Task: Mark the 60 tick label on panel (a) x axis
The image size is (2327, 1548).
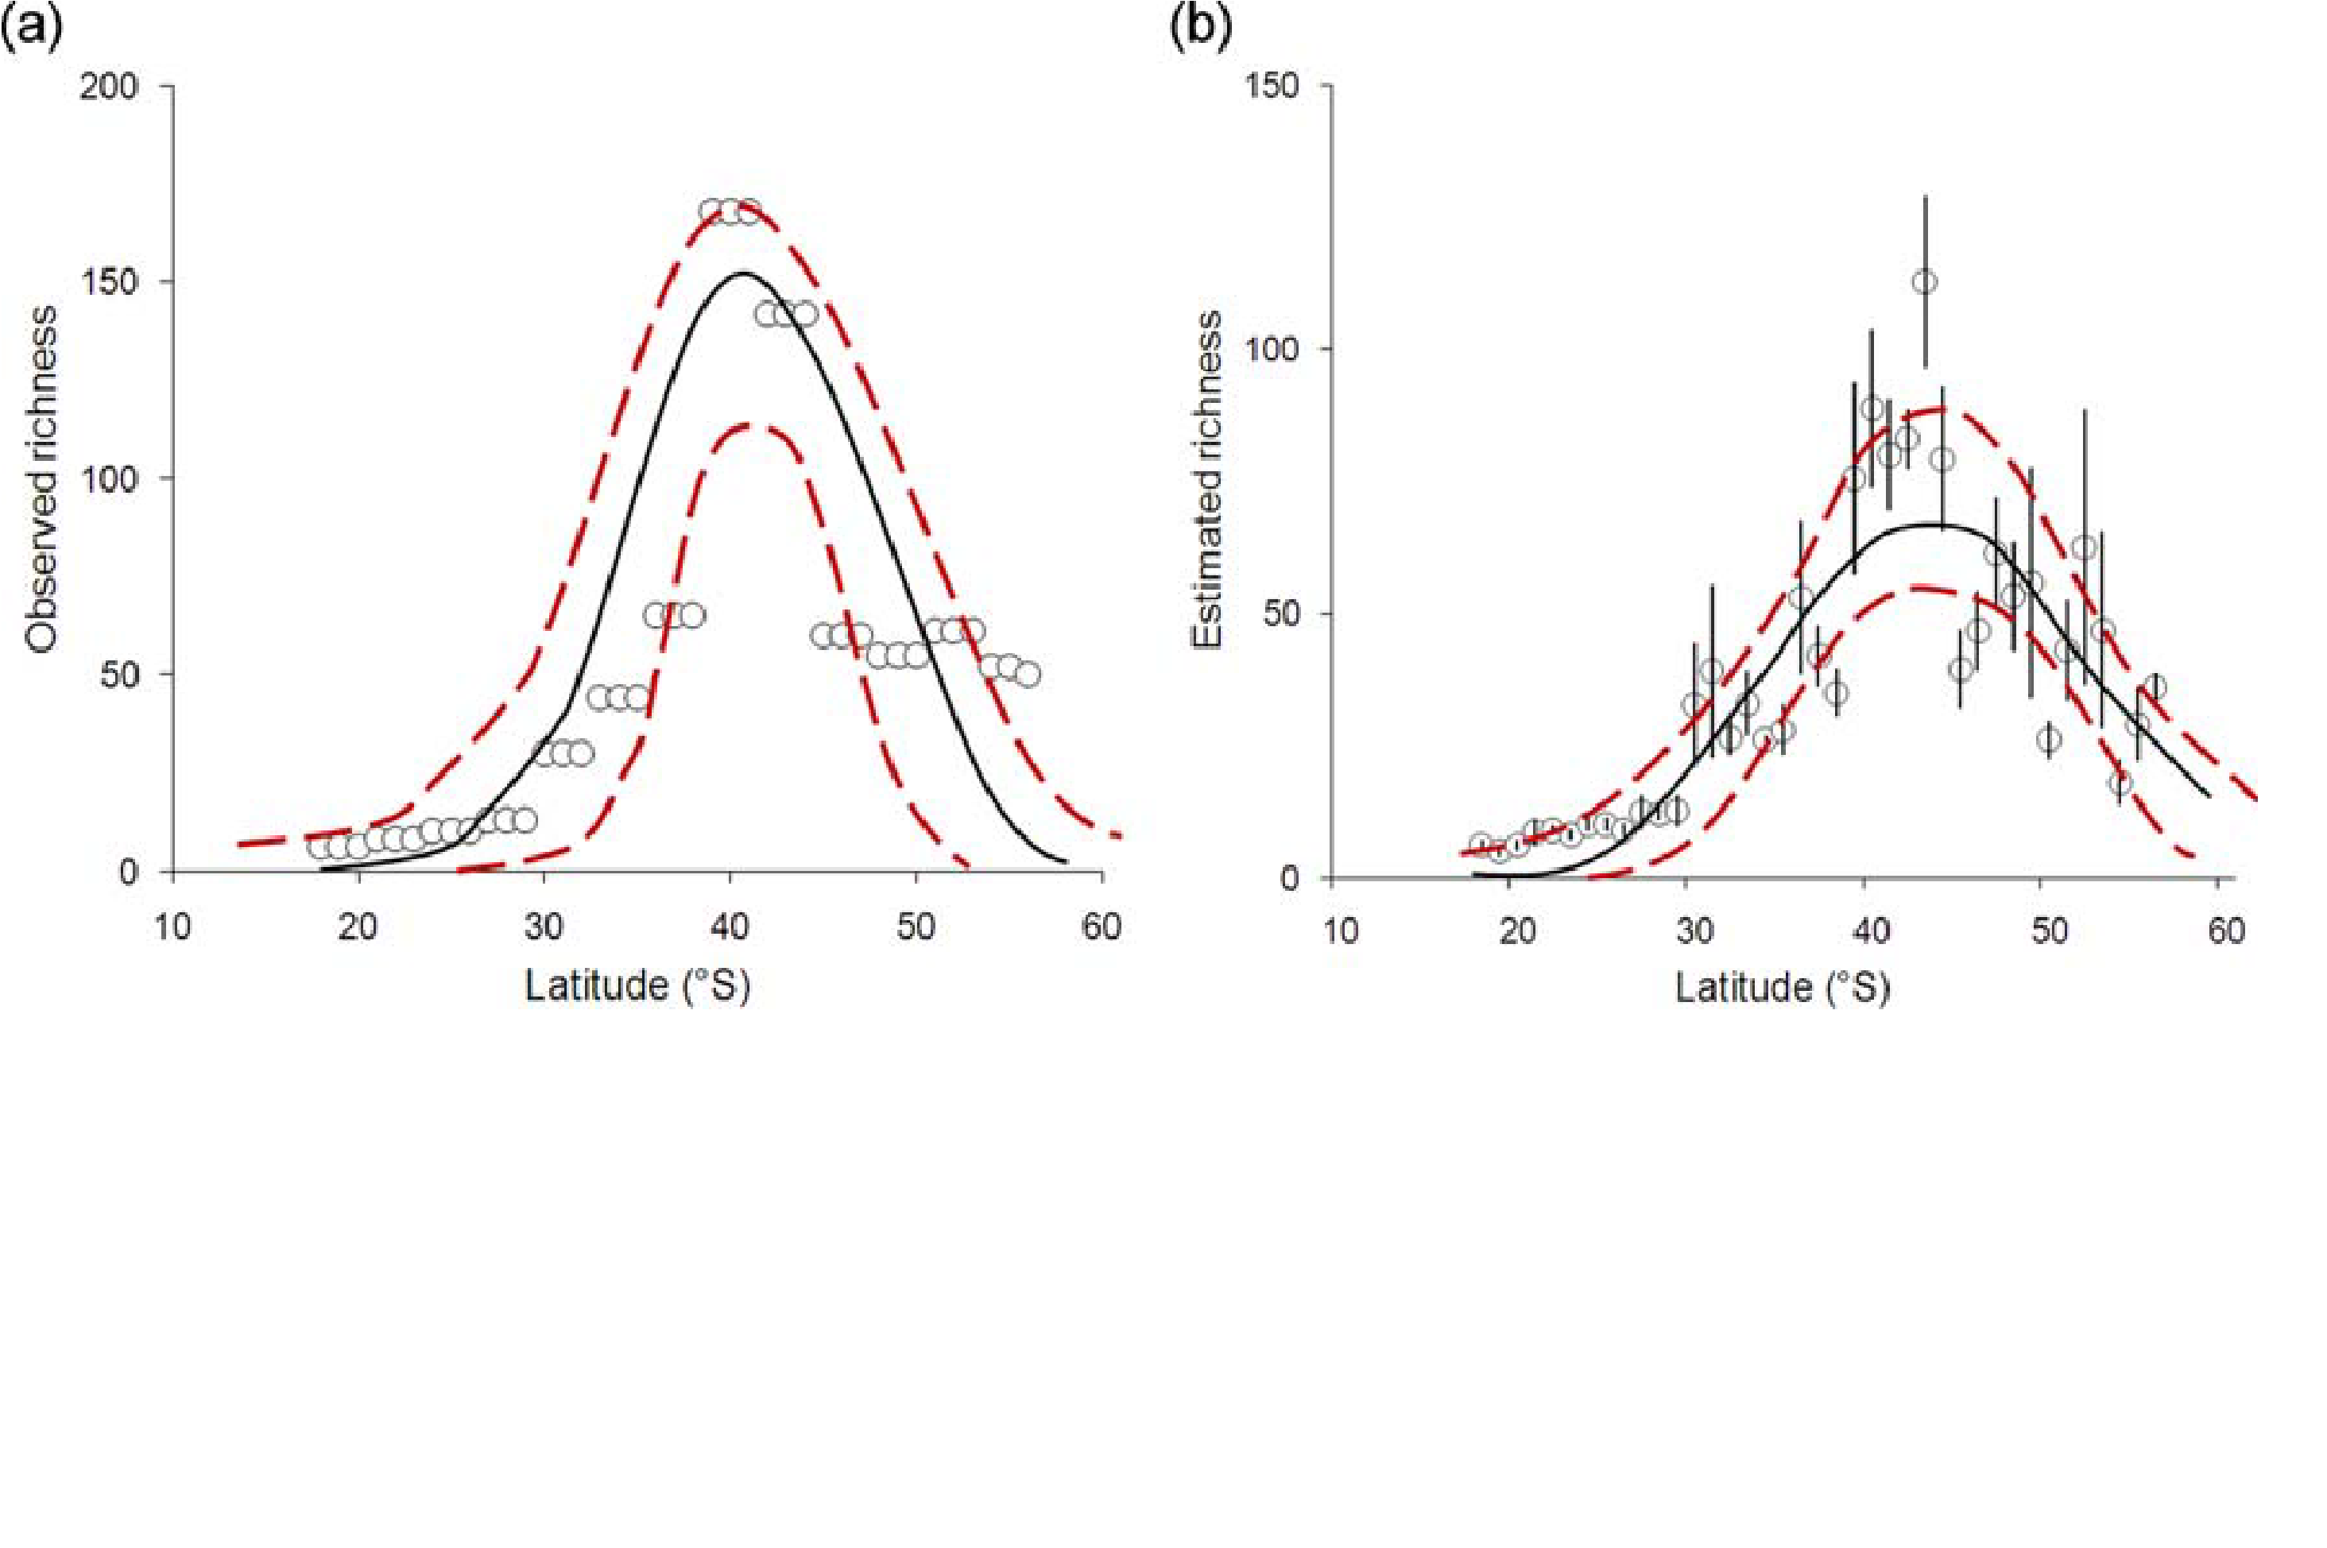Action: click(1101, 928)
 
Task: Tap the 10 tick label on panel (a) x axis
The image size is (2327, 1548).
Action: click(174, 928)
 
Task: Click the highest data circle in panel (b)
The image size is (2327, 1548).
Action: click(1923, 282)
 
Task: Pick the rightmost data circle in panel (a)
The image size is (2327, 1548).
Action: click(1028, 675)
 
